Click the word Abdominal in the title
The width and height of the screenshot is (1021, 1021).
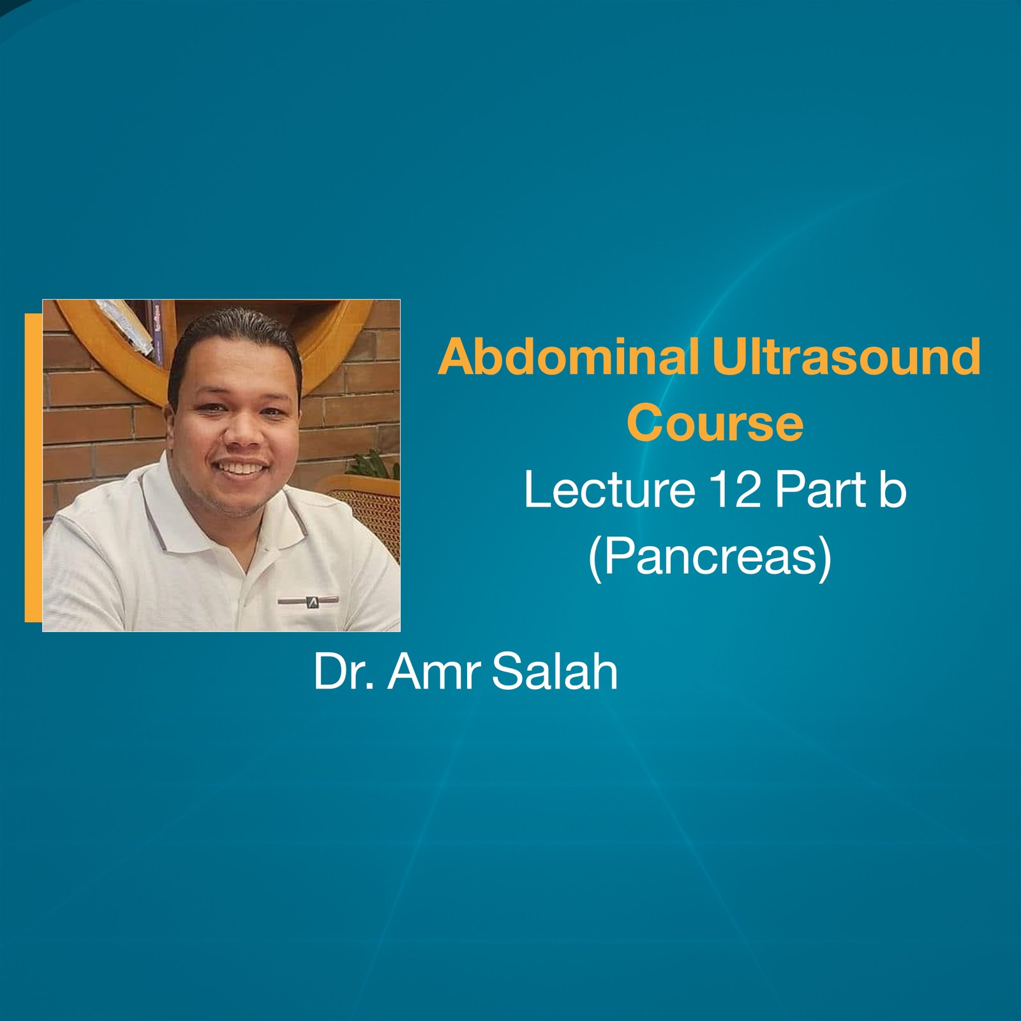point(569,357)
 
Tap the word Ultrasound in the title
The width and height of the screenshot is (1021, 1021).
point(846,357)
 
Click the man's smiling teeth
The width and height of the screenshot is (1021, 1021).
point(241,468)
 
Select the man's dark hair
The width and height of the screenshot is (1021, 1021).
point(236,332)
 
